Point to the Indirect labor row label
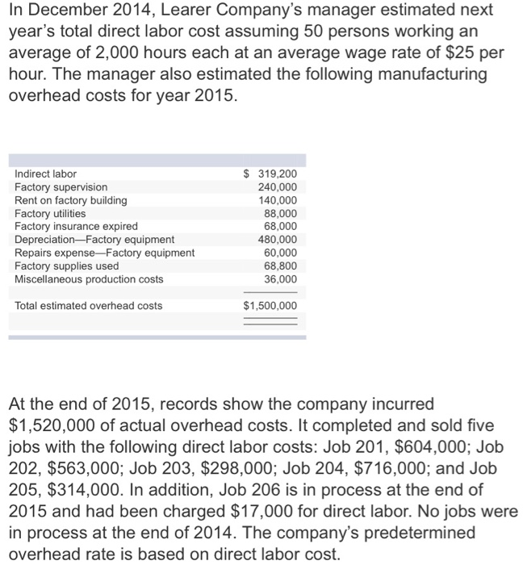(x=46, y=174)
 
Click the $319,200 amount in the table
(x=270, y=174)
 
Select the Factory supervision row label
(x=61, y=186)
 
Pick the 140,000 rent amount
(x=277, y=200)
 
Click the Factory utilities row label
(x=50, y=213)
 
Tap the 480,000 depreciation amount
(x=277, y=240)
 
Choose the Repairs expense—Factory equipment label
(x=104, y=253)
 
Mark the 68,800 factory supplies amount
(x=280, y=266)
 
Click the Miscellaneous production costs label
(x=89, y=279)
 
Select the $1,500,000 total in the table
(x=270, y=306)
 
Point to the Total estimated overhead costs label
(x=88, y=306)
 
